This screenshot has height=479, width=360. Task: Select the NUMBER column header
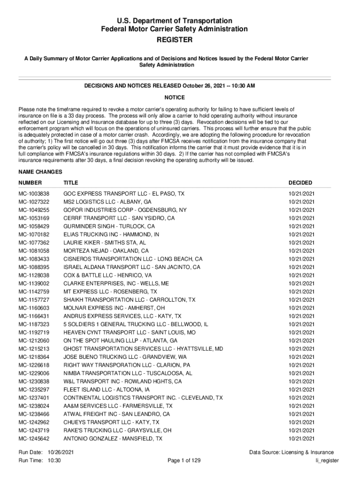30,182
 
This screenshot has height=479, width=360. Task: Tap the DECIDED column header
300,182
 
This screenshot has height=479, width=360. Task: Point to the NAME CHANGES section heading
38,172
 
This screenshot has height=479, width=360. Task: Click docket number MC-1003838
34,194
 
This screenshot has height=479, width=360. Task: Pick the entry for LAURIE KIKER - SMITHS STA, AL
105,243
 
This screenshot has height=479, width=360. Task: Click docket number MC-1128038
34,276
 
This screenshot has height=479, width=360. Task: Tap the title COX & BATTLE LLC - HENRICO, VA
108,276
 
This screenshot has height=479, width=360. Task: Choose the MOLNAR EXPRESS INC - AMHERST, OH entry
114,308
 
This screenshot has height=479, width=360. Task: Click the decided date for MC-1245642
302,439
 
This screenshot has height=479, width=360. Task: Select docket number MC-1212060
34,341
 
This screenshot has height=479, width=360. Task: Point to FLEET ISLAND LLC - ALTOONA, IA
107,390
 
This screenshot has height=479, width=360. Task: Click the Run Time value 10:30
54,461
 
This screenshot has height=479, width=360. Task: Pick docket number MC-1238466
34,414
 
